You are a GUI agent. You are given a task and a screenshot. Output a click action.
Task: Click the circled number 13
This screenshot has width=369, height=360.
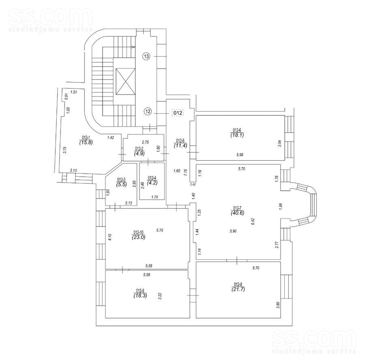pos(146,57)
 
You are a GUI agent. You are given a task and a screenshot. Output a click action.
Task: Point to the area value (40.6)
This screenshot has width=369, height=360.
pos(236,213)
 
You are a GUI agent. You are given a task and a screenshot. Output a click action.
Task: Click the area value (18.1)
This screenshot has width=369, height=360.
pos(238,135)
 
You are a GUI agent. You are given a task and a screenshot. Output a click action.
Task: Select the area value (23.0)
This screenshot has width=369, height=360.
pos(139,238)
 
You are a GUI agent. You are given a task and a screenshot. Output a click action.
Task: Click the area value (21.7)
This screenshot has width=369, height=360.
pos(238,289)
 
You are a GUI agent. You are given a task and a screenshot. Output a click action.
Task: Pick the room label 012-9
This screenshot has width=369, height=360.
pos(140,290)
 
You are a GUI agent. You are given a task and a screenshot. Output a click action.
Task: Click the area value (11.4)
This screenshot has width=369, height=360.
pos(180,145)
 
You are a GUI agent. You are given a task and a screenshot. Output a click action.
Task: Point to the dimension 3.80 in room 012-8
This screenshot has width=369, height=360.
pos(277,304)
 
